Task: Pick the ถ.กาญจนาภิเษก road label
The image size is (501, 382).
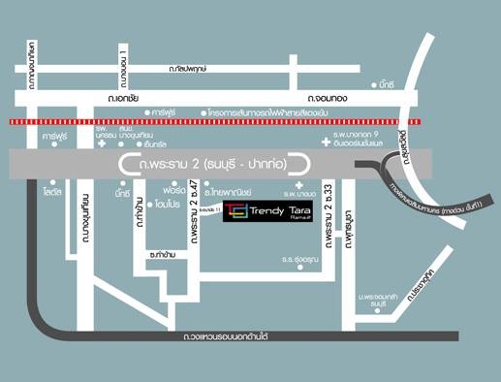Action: pos(32,66)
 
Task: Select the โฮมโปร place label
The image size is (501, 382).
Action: pos(172,205)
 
